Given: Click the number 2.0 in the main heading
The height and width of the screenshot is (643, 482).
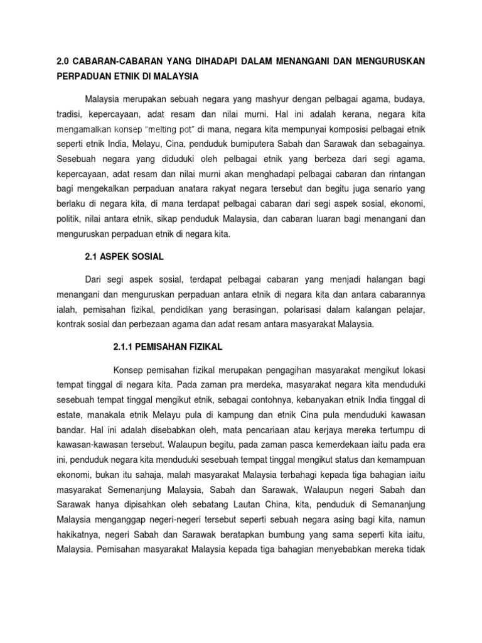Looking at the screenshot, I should (x=63, y=60).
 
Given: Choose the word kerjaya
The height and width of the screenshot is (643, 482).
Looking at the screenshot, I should (x=333, y=430).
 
